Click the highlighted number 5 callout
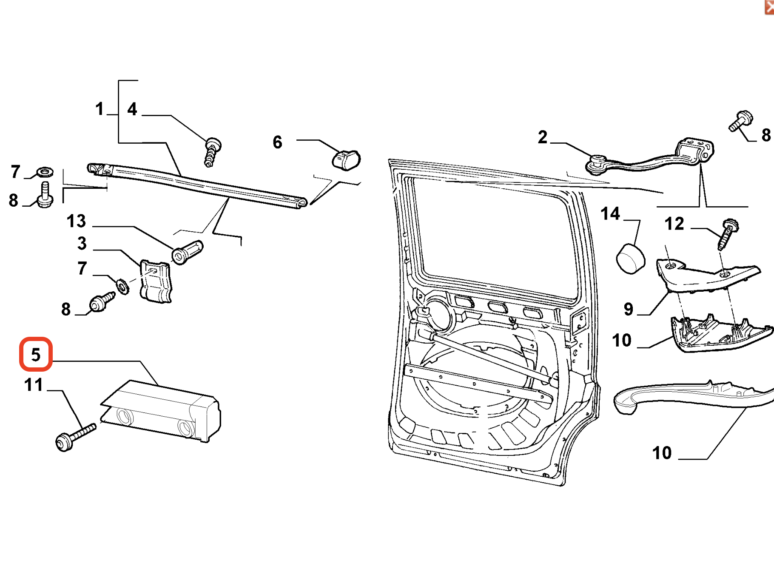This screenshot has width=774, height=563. coord(36,354)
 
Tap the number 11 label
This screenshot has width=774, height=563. coord(34,385)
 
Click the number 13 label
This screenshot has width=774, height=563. coord(77,221)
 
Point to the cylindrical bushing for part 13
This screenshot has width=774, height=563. coord(187,252)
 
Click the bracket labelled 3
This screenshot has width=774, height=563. coord(156,281)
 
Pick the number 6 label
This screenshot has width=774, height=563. coord(277,142)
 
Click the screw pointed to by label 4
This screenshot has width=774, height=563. coord(212,151)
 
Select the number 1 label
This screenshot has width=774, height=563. coord(100,109)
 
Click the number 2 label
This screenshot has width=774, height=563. coord(542,137)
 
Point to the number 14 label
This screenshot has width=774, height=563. coord(610,213)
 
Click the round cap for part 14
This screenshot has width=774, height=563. coord(630,258)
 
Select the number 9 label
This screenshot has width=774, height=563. coord(628,309)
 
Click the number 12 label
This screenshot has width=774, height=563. coord(674,224)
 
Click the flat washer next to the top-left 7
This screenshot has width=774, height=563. coord(44,172)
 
